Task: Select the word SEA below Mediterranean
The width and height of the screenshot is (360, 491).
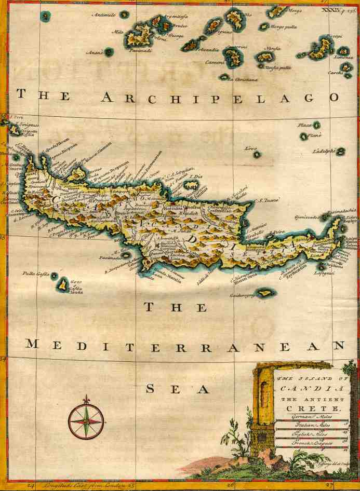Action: click(177, 389)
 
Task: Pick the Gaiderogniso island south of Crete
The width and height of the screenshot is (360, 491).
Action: click(265, 293)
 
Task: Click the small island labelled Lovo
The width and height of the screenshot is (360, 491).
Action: click(257, 154)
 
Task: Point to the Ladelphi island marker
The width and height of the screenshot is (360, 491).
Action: click(340, 152)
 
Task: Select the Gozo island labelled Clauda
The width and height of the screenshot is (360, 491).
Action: click(63, 284)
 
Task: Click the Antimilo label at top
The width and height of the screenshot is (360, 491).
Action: click(103, 15)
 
